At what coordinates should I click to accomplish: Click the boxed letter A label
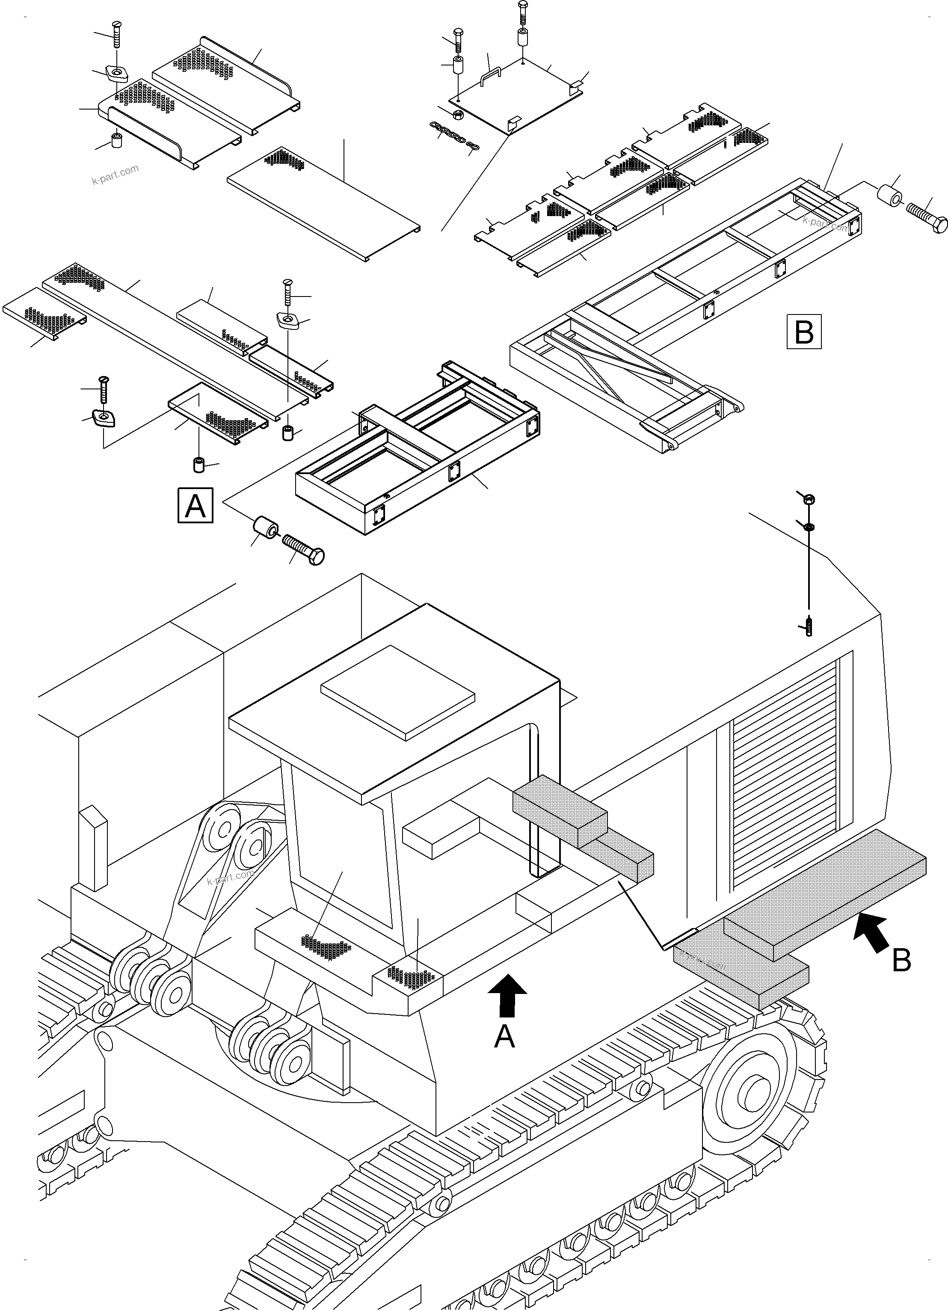(x=196, y=506)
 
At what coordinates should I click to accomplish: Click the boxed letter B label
(x=803, y=332)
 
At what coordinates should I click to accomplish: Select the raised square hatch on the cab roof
(x=398, y=692)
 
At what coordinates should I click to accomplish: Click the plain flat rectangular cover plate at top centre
(x=324, y=201)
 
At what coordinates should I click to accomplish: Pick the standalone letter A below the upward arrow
(x=504, y=1036)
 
